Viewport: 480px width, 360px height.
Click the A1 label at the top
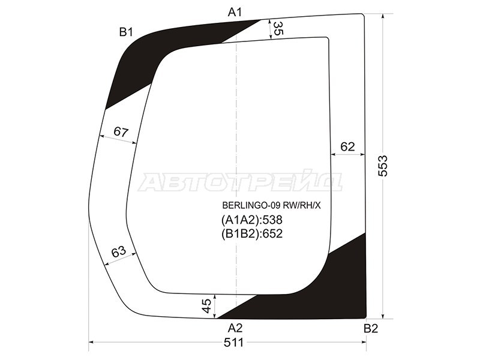(234, 11)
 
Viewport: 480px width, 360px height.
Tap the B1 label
(125, 32)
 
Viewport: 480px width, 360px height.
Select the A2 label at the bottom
(235, 328)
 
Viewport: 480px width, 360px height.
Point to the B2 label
(371, 328)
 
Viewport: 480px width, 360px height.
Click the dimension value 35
(278, 29)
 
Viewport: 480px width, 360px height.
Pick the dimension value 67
(121, 132)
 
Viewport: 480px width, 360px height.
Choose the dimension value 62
(347, 146)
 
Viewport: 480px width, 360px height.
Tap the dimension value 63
(119, 252)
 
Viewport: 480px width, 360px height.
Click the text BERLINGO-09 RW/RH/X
(272, 205)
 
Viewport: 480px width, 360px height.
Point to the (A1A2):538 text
(252, 220)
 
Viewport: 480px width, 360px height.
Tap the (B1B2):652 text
(252, 233)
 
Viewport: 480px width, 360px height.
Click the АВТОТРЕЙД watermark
(240, 182)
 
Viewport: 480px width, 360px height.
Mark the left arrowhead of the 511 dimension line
(91, 343)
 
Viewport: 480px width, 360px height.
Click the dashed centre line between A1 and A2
(239, 120)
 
